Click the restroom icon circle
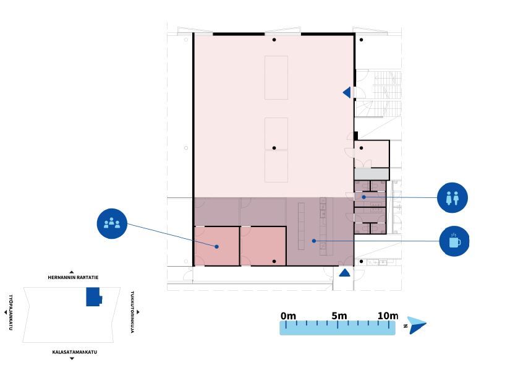(452, 197)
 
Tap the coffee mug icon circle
(454, 241)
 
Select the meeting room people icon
(112, 223)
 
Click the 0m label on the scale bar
(288, 316)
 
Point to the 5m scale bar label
(339, 316)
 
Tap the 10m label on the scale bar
(388, 316)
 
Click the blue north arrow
(416, 325)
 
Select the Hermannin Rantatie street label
(73, 277)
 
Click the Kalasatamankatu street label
(75, 352)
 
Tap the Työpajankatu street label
(11, 312)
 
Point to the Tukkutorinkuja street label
(132, 312)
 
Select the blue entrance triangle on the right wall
(347, 92)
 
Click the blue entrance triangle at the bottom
(344, 273)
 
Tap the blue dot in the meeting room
(216, 247)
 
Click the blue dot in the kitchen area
(314, 241)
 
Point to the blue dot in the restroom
(363, 197)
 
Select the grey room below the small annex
(372, 174)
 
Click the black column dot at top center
(274, 40)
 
